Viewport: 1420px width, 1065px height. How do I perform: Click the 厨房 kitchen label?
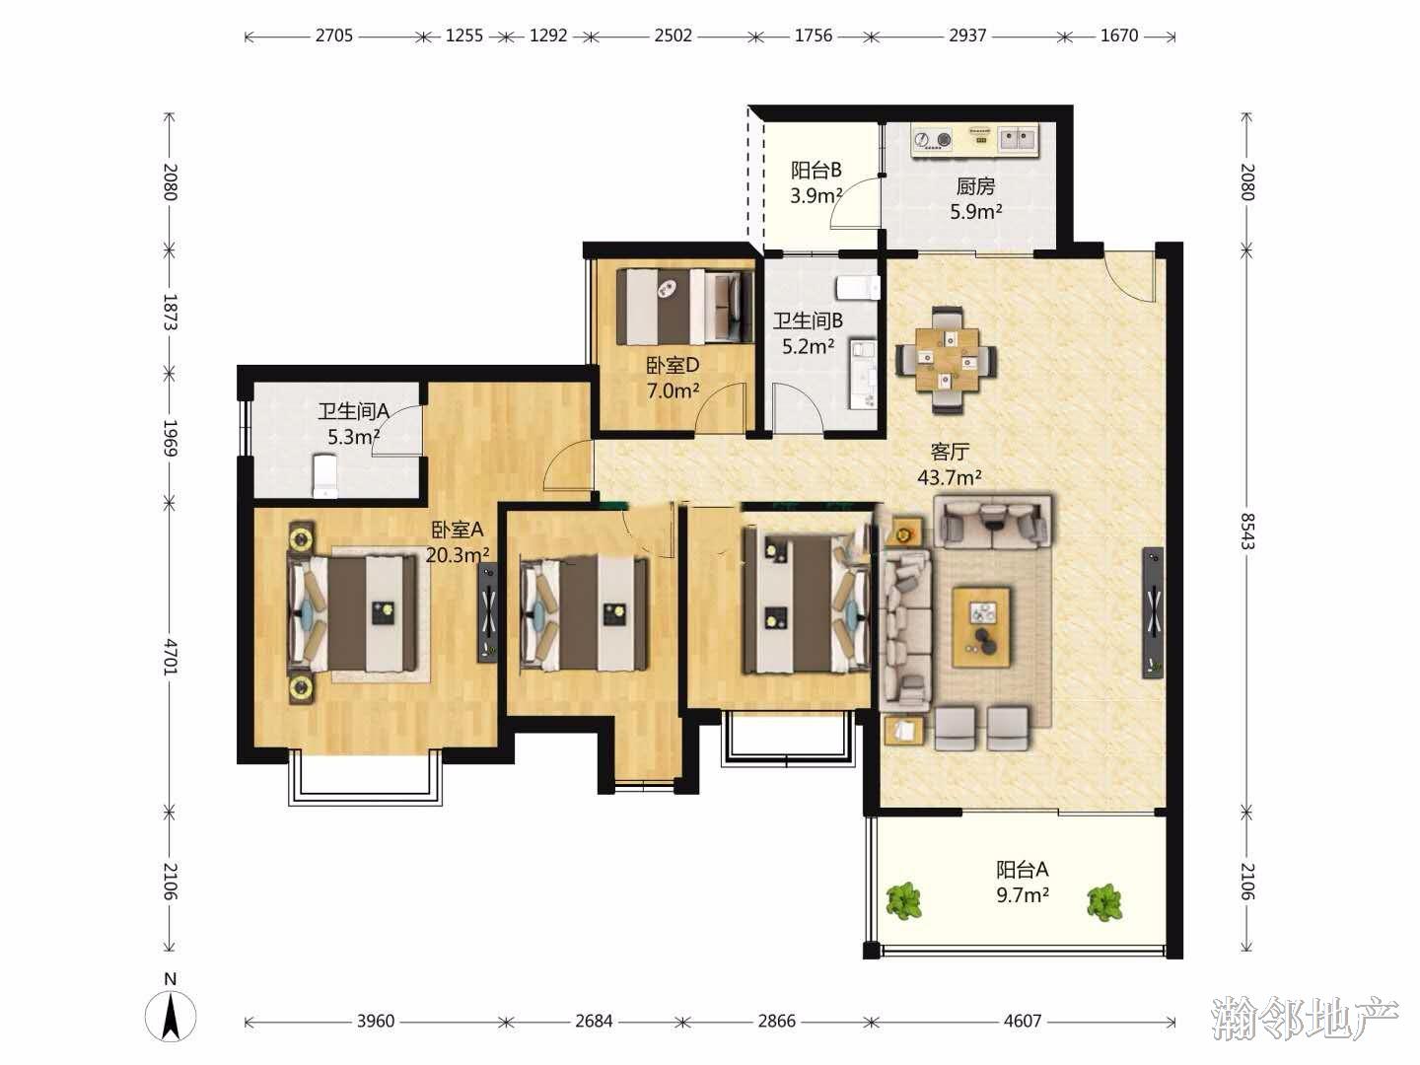coord(975,186)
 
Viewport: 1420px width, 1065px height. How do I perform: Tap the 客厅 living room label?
coord(950,452)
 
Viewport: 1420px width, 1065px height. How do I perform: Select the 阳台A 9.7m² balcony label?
coord(1023,882)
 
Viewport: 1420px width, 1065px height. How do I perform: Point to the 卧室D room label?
coord(673,365)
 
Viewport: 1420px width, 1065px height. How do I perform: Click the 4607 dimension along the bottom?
coord(1023,1021)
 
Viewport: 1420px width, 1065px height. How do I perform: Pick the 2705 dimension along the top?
coord(334,35)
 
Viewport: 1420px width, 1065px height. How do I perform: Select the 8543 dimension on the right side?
coord(1246,531)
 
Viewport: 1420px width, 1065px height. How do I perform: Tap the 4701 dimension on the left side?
coord(171,657)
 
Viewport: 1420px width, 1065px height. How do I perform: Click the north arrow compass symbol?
coord(171,1016)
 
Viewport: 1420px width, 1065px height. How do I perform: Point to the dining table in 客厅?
coord(946,359)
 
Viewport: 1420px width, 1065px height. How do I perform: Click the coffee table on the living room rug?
coord(982,627)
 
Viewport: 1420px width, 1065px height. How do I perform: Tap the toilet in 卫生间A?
coord(324,476)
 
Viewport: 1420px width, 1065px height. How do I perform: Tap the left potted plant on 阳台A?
coord(903,899)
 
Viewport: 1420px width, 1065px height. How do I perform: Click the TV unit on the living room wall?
coord(1153,612)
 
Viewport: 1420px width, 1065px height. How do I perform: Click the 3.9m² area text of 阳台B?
coord(816,195)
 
